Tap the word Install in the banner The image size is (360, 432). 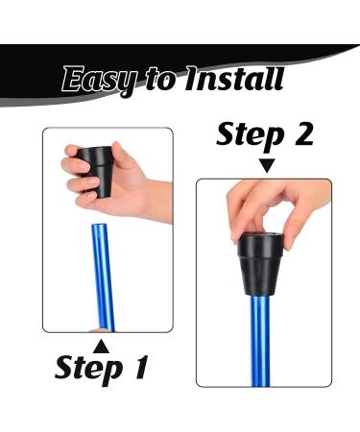234,78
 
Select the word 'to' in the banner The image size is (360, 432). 160,80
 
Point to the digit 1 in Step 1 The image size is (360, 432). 139,367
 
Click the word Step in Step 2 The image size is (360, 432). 250,135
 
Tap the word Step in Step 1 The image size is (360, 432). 89,369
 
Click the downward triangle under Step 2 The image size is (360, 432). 266,165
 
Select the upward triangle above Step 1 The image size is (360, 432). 101,347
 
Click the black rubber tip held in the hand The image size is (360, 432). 97,170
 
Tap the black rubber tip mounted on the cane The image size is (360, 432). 260,264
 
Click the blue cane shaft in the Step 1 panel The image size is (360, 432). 103,277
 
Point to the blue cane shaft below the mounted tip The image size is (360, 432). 261,341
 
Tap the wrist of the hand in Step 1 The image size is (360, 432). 160,201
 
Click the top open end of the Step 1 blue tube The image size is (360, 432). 99,226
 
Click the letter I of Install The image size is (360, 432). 193,78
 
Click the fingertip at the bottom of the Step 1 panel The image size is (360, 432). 99,330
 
